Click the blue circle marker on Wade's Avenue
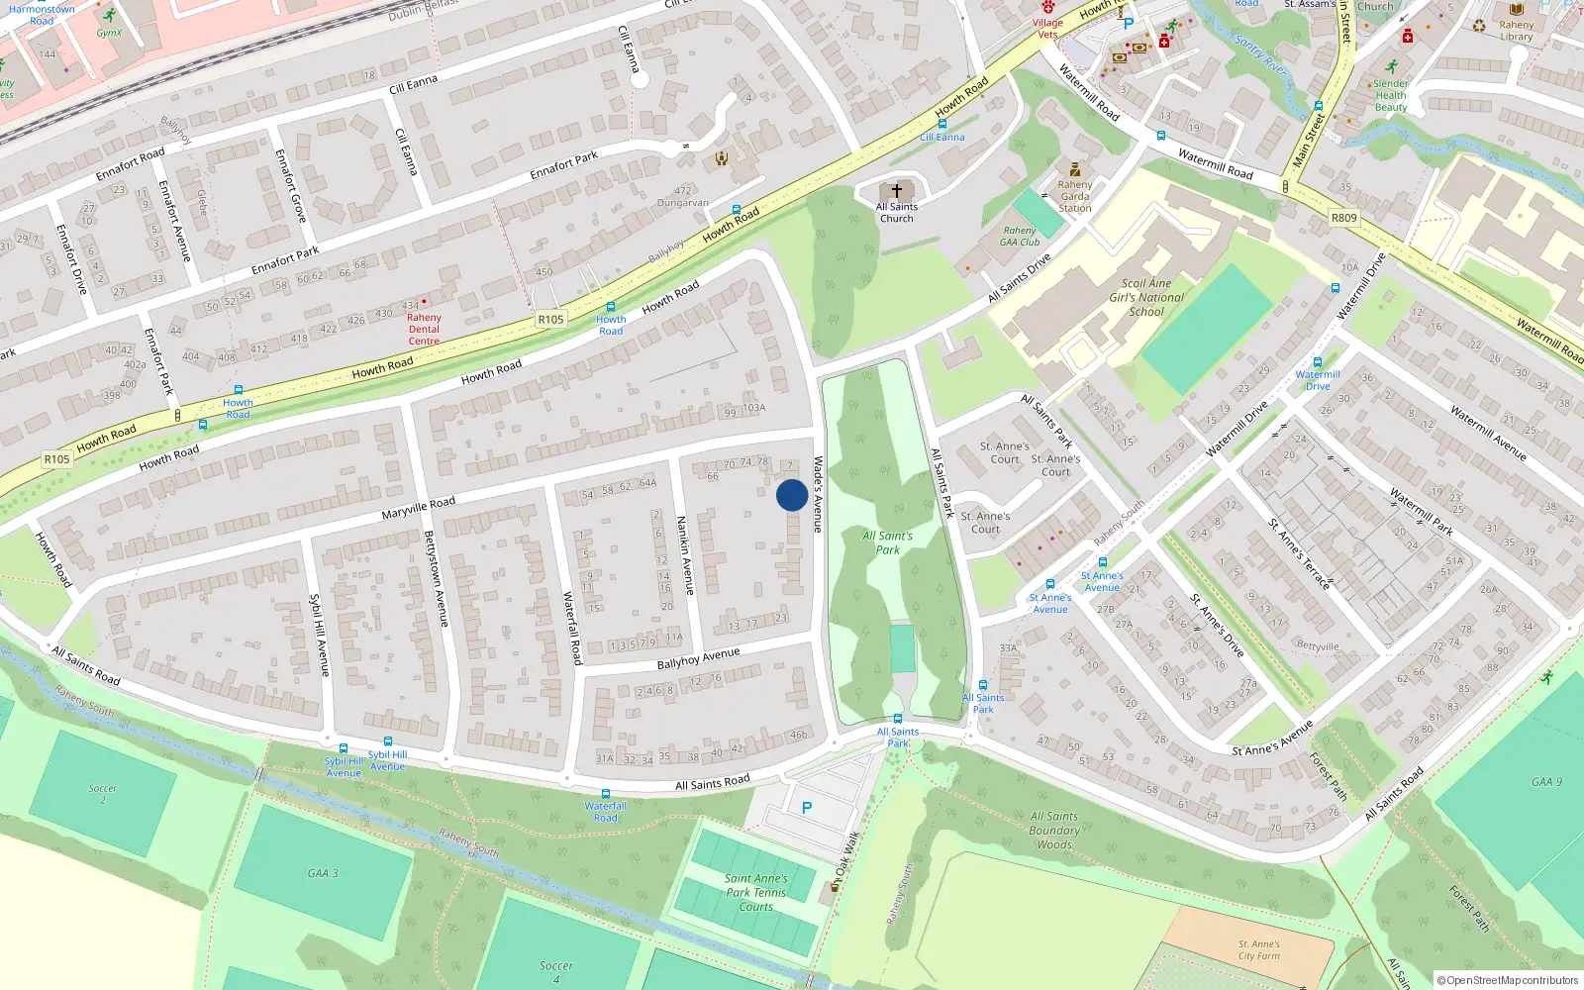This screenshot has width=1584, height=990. [x=791, y=495]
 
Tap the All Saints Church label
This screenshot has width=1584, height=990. [x=897, y=213]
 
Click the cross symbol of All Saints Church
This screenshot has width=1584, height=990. [x=897, y=190]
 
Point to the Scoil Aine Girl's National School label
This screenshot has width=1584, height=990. [x=1146, y=297]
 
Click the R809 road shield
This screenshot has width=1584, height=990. [x=1343, y=218]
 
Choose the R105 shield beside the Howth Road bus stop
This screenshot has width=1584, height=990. [x=550, y=319]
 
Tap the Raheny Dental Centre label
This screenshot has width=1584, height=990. [x=424, y=330]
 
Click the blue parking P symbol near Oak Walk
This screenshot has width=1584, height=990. [x=807, y=808]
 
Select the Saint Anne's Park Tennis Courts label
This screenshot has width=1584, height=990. [x=755, y=892]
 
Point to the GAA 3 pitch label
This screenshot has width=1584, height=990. [x=323, y=873]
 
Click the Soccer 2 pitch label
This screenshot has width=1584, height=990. [x=102, y=794]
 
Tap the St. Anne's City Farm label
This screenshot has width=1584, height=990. [x=1258, y=950]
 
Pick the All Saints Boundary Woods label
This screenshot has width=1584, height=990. [x=1054, y=831]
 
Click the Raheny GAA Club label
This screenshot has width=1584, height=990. [x=1020, y=237]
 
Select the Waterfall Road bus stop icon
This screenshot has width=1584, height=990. [x=605, y=794]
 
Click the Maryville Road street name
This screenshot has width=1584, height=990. [x=419, y=509]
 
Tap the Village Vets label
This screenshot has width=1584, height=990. [x=1047, y=29]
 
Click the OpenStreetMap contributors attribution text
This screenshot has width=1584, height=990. [x=1508, y=981]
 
